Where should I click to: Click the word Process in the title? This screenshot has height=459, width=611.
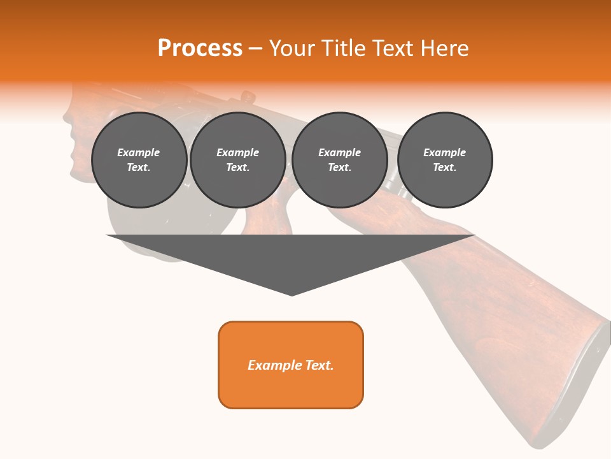point(200,48)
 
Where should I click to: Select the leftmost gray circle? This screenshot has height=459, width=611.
point(139,160)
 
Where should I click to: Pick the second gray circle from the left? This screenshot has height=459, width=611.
point(238,160)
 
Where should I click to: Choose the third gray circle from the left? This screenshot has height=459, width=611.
point(340,160)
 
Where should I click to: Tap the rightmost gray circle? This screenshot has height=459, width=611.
point(445,160)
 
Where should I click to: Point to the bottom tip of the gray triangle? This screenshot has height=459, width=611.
point(291,295)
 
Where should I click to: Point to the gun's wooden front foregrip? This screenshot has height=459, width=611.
point(80,140)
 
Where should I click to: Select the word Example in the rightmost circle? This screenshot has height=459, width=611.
point(445,152)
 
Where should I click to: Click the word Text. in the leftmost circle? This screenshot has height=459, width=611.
point(139,168)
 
